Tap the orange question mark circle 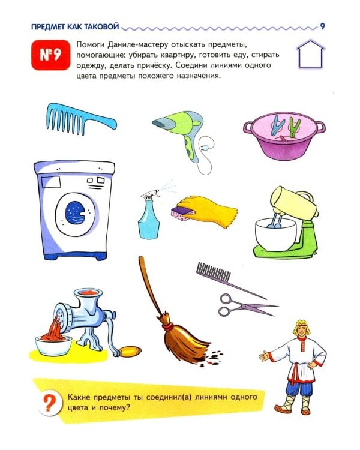pyautogui.click(x=49, y=403)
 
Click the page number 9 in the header pyautogui.click(x=322, y=26)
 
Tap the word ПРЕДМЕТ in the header pyautogui.click(x=41, y=26)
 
